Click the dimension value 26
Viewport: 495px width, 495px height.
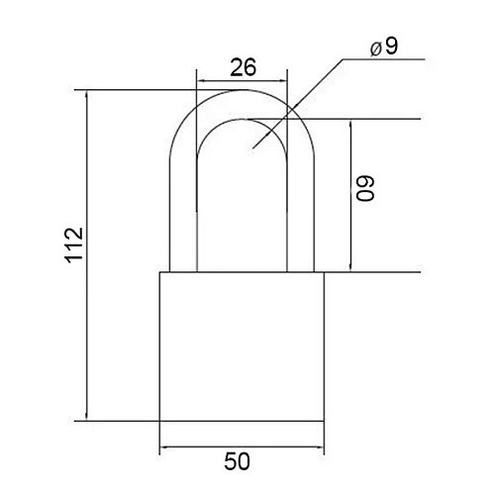click(243, 67)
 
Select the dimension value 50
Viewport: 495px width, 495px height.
click(237, 461)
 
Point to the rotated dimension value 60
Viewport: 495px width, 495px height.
click(365, 188)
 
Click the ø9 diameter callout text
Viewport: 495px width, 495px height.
click(384, 48)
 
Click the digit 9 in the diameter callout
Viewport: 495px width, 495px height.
click(391, 47)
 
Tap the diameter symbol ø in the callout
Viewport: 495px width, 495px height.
click(376, 49)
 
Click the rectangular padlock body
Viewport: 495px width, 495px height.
click(242, 346)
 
